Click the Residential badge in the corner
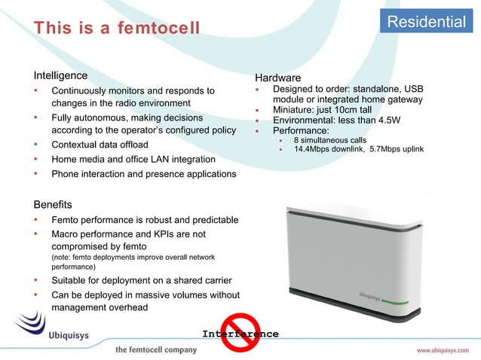coord(427,22)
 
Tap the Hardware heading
coord(277,78)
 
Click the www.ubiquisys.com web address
coord(446,350)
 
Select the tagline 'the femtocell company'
coord(155,350)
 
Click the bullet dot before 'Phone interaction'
coord(35,174)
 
